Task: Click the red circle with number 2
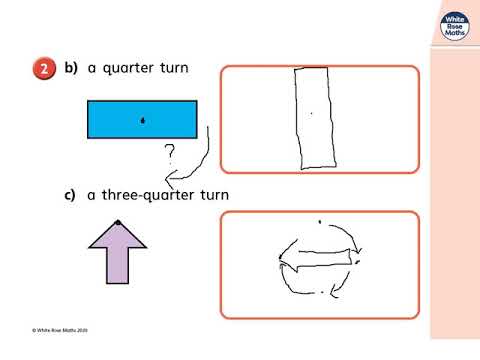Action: (44, 69)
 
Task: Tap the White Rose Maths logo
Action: (455, 27)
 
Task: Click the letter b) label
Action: (71, 68)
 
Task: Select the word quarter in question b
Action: (128, 69)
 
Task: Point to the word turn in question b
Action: (174, 68)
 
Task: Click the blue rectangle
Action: (142, 119)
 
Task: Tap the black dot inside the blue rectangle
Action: (143, 120)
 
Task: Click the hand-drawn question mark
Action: (170, 154)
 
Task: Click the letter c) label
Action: (69, 195)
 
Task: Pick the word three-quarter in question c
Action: (148, 195)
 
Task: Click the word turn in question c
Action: (215, 195)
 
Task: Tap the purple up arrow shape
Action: (117, 253)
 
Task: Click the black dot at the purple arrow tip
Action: (118, 222)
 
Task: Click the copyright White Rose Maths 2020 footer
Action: (60, 330)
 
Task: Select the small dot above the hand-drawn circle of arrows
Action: (320, 222)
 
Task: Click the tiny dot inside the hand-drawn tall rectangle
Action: (312, 114)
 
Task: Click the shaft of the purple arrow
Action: (117, 266)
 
